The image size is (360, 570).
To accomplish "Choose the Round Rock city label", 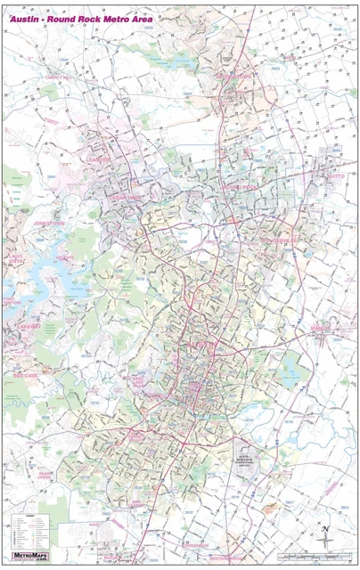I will [239, 187].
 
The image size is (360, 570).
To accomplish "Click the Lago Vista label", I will [15, 261].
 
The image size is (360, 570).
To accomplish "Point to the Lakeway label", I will [22, 326].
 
